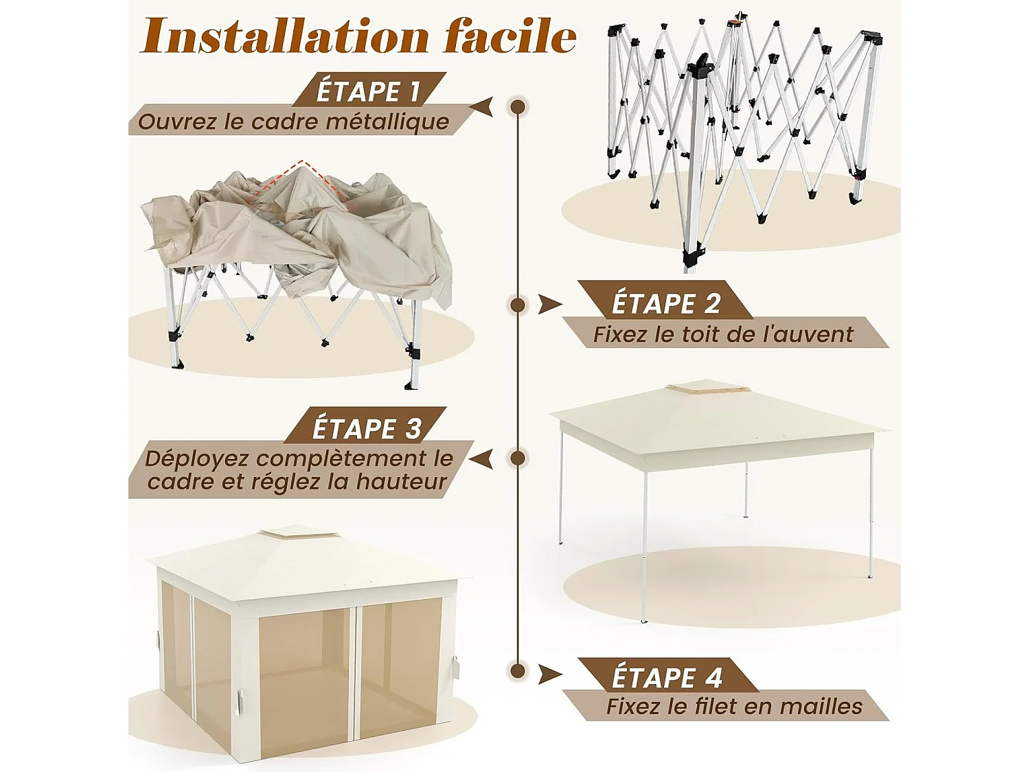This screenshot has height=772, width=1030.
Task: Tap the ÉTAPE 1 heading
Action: pos(367,91)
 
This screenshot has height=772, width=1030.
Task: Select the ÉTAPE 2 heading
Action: pos(665,303)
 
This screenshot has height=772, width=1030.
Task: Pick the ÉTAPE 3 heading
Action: pos(366,428)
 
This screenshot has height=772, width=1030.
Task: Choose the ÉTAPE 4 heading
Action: pos(667,677)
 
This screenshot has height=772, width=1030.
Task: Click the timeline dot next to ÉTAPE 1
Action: pos(518,107)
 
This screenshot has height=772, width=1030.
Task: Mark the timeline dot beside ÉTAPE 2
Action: pos(518,304)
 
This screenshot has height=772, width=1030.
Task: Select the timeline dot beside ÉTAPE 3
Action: pos(518,458)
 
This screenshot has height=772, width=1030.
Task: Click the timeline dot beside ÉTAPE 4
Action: pos(518,670)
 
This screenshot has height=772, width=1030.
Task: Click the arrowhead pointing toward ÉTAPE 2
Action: pos(549,304)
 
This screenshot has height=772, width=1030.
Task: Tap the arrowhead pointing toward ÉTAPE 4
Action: pos(549,675)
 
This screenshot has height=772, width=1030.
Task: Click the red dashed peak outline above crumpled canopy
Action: pos(299,172)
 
